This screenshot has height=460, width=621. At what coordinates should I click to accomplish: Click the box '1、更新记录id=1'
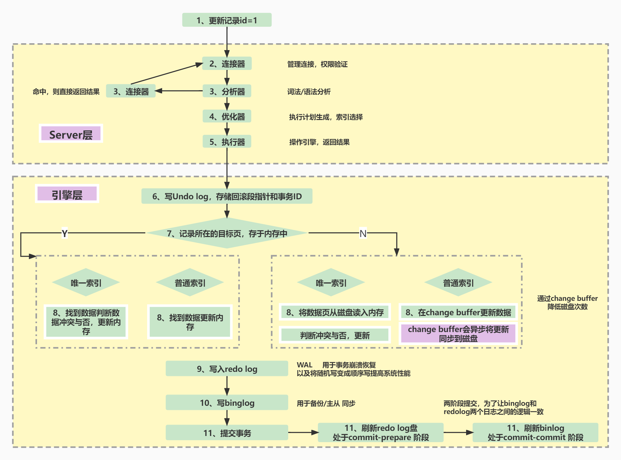coord(227,20)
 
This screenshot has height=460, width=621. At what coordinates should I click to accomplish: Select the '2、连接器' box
coord(227,64)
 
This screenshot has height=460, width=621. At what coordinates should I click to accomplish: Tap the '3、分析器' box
coord(227,91)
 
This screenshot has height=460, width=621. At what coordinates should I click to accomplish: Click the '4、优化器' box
coord(227,117)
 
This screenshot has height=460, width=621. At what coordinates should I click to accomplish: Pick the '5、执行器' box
coord(227,142)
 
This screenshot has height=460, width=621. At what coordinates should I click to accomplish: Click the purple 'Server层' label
coord(71,134)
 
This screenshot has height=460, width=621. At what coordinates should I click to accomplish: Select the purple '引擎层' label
coord(67,194)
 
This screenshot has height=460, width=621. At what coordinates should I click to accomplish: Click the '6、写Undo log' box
coord(227,196)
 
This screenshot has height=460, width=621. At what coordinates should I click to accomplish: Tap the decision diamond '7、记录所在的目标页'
coord(227,233)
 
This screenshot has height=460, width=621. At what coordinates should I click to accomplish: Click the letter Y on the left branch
coord(64,234)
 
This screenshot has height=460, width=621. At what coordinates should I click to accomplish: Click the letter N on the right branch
coord(363,234)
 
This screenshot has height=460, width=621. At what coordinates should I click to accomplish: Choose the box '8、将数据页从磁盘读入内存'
coord(335,312)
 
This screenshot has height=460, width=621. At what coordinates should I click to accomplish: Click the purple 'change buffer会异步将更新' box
coord(458,333)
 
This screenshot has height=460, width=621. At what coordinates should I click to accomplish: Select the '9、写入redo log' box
coord(227,369)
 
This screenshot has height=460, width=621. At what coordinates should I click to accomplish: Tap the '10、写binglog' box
coord(227,403)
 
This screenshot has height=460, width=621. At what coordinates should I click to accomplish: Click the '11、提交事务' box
coord(227,433)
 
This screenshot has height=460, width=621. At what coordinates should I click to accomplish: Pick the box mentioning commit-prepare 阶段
coord(380,433)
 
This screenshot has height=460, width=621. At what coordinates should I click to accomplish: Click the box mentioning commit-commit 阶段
coord(535,433)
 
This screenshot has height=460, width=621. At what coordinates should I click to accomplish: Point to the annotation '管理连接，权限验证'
coord(317,64)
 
